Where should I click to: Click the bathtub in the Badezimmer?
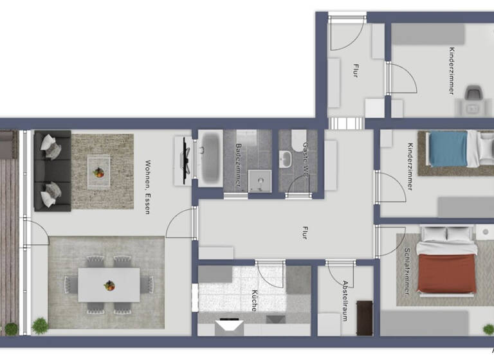tap(209, 159)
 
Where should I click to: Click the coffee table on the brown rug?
tap(98, 172)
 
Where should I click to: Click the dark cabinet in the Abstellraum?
tap(365, 318)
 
